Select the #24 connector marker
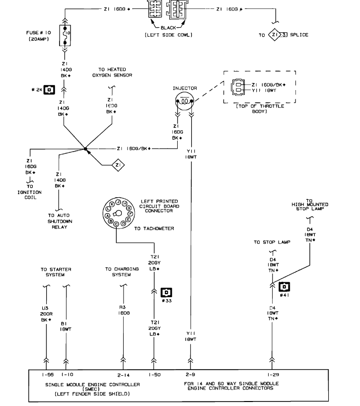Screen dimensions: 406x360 (x=49, y=90)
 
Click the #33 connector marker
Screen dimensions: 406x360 (x=167, y=293)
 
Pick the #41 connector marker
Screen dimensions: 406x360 (x=285, y=287)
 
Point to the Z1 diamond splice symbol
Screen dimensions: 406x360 (x=117, y=164)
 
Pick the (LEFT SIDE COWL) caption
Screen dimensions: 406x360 (x=168, y=35)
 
